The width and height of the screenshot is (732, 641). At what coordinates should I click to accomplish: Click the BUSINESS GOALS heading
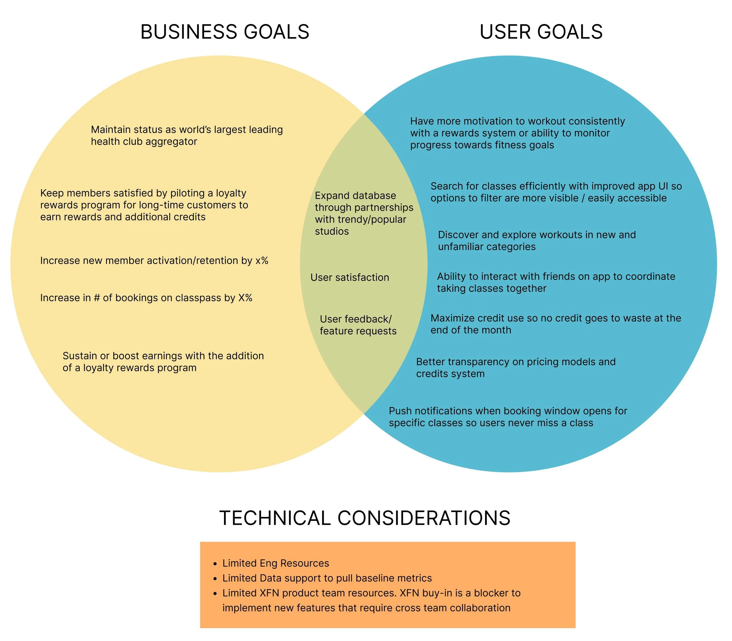[x=225, y=32]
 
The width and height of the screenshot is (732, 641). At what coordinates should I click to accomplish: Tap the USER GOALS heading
[x=541, y=32]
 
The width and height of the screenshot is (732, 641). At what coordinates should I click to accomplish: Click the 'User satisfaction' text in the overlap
[x=349, y=277]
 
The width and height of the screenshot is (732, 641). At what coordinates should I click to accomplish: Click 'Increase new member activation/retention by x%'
[x=154, y=260]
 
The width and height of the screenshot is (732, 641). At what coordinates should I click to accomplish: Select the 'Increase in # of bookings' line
[x=146, y=298]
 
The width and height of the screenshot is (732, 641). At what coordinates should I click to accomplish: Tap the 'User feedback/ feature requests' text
[x=358, y=325]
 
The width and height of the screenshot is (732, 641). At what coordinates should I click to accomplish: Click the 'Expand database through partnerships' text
[x=363, y=207]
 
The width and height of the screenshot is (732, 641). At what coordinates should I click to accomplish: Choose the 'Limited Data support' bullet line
[x=327, y=578]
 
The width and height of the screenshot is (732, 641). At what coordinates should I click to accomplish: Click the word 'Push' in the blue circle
[x=400, y=411]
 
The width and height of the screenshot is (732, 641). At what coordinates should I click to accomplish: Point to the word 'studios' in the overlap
[x=331, y=231]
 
